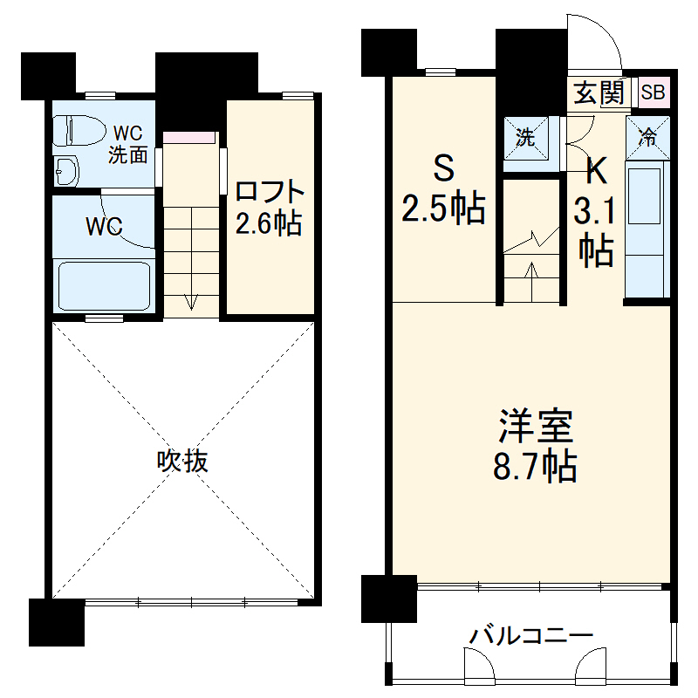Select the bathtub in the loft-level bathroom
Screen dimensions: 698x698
(104, 284)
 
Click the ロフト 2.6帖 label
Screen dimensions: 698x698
(270, 207)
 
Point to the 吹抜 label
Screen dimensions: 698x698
(182, 461)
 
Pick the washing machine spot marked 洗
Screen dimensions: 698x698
(524, 136)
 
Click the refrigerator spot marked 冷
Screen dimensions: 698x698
(647, 136)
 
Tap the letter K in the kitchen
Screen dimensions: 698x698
(596, 170)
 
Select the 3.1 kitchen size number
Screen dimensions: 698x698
(596, 210)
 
